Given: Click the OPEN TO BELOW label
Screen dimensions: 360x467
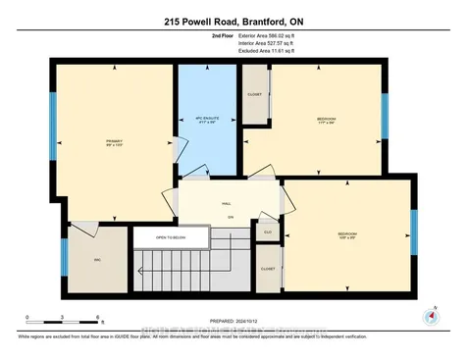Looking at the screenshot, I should point(150,237).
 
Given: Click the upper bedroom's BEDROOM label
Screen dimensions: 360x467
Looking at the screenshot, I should point(326,120).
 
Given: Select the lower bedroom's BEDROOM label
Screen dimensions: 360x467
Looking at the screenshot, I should point(347,234).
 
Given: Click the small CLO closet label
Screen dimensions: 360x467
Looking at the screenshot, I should point(268,232).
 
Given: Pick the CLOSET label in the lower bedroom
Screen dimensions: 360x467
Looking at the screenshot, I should point(268,267).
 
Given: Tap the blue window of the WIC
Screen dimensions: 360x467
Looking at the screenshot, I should point(64,257).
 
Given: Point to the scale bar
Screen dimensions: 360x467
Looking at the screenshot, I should point(64,322).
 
